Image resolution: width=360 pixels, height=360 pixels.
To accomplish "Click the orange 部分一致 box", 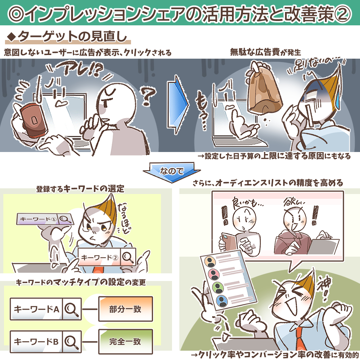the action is click(126, 309).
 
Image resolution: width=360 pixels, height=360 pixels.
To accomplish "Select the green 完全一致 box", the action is click(126, 342).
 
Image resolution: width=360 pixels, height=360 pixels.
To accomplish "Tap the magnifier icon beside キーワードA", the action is click(72, 309).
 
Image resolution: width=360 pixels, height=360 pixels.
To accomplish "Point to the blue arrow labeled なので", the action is click(172, 172).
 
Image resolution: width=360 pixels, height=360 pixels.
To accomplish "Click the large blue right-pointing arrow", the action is click(178, 104).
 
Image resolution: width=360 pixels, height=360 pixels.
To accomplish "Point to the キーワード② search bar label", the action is click(99, 257).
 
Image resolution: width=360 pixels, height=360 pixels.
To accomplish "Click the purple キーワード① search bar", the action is click(45, 219).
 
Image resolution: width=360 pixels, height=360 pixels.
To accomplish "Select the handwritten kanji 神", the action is click(325, 285).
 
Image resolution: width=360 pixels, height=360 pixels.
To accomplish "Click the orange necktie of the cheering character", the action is click(301, 339).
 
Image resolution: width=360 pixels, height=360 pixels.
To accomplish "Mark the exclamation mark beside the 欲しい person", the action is click(315, 215).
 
